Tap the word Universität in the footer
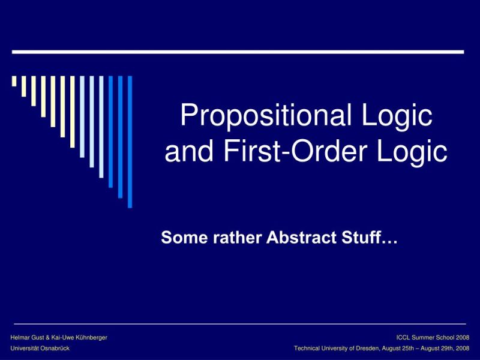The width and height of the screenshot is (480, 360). coord(25,348)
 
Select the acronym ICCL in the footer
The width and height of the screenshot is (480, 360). coord(404,338)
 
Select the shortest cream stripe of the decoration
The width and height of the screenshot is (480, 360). coord(14,82)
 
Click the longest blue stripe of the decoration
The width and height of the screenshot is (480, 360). coord(130,142)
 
